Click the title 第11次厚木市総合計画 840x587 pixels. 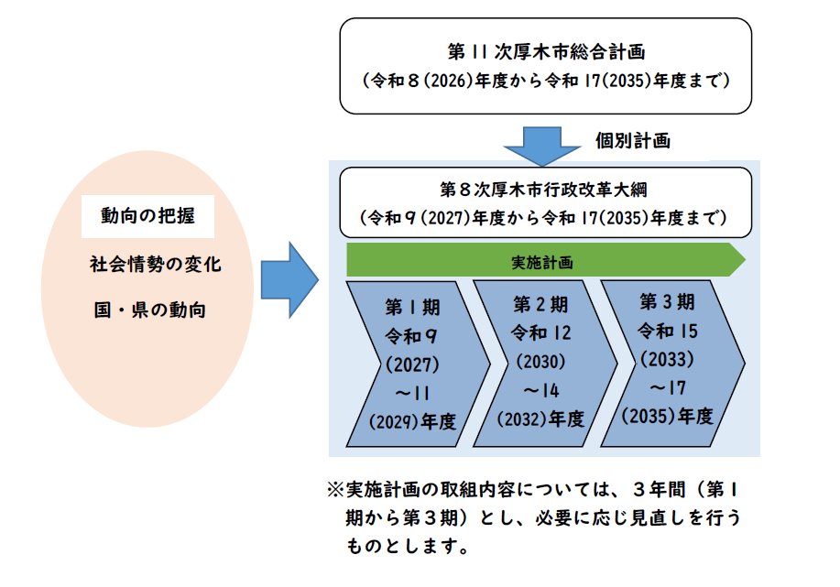click(545, 49)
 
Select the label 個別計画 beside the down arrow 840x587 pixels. click(632, 140)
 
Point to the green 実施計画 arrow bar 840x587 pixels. click(544, 261)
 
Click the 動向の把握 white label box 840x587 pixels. click(147, 215)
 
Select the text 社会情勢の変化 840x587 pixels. click(155, 264)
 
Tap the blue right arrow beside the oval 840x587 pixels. click(289, 280)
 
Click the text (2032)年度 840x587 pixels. click(540, 419)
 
